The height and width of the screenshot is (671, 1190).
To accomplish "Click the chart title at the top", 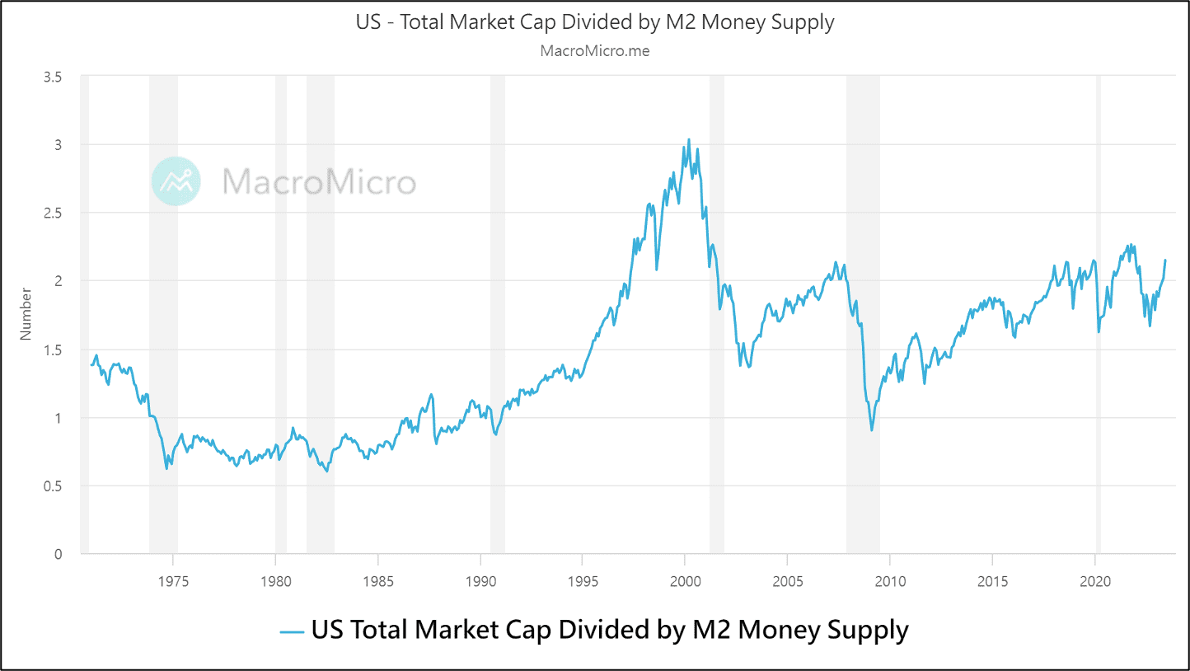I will pyautogui.click(x=595, y=22).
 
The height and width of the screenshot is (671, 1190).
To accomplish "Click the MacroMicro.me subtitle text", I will pyautogui.click(x=595, y=50).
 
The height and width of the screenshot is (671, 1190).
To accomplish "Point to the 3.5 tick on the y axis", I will pyautogui.click(x=53, y=77).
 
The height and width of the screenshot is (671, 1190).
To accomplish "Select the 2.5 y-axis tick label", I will pyautogui.click(x=53, y=213).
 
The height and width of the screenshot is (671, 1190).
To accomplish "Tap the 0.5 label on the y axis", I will pyautogui.click(x=53, y=486).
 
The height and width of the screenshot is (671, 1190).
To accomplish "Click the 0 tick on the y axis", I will pyautogui.click(x=58, y=554).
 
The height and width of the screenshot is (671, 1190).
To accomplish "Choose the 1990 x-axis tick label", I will pyautogui.click(x=480, y=580).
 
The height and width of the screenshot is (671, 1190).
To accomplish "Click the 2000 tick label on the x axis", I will pyautogui.click(x=685, y=580).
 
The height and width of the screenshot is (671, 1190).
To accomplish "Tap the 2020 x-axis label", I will pyautogui.click(x=1094, y=580).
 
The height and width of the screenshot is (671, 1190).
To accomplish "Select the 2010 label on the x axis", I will pyautogui.click(x=890, y=580).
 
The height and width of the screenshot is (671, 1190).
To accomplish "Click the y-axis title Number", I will pyautogui.click(x=26, y=314).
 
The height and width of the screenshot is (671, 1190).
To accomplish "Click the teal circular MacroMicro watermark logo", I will pyautogui.click(x=176, y=181).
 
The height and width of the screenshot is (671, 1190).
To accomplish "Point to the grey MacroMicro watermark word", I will pyautogui.click(x=320, y=181).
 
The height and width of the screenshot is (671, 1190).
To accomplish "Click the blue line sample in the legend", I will pyautogui.click(x=293, y=632).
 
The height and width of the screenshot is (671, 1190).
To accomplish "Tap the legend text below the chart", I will pyautogui.click(x=610, y=631).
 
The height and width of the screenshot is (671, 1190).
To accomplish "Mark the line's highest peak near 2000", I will pyautogui.click(x=689, y=139).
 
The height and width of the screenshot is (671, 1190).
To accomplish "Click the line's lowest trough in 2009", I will pyautogui.click(x=872, y=430).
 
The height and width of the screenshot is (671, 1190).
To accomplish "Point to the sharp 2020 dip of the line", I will pyautogui.click(x=1099, y=331).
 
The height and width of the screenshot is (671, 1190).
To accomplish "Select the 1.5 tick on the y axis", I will pyautogui.click(x=53, y=350).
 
